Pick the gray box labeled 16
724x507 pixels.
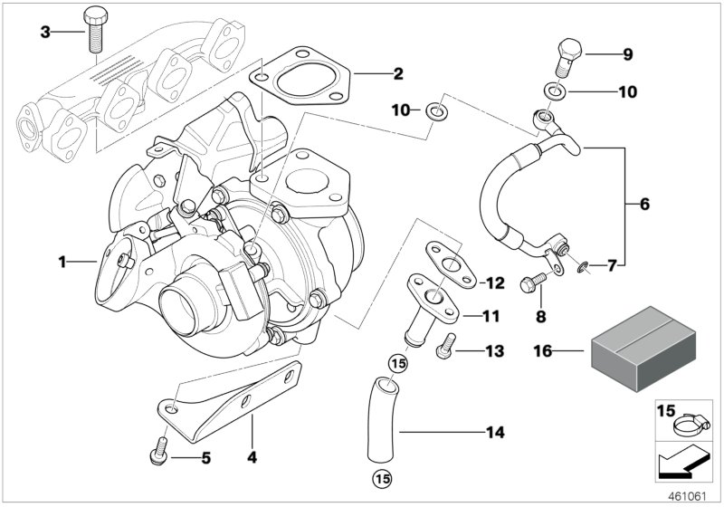click(635, 349)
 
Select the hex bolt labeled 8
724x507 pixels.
click(530, 283)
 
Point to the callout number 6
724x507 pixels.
click(644, 205)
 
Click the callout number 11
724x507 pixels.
click(489, 317)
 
